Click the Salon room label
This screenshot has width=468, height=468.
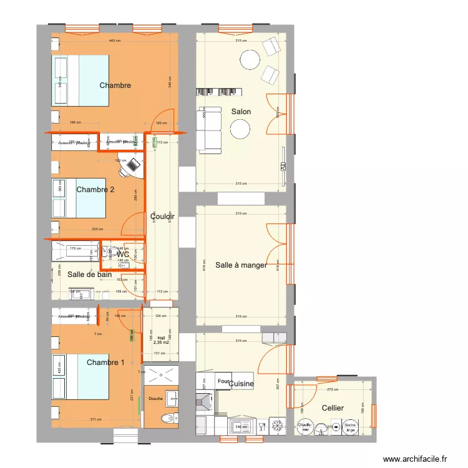(x=241, y=112)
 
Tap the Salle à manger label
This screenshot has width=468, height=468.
(x=241, y=265)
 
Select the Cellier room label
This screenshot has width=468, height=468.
(x=332, y=408)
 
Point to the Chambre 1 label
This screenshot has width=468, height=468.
(x=105, y=363)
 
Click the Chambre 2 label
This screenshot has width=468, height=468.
(x=95, y=190)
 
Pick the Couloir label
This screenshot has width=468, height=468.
(x=162, y=217)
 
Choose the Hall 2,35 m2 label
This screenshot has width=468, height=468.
(x=161, y=340)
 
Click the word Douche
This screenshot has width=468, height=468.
(x=156, y=399)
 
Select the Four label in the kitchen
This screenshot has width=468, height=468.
(x=223, y=381)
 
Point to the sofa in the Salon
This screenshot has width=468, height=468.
(x=209, y=130)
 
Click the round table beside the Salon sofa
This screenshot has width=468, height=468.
(x=240, y=129)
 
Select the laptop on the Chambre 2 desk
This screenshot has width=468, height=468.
(x=131, y=165)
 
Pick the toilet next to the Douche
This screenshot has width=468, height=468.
(x=167, y=418)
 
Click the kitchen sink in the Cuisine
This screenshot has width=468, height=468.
(x=238, y=427)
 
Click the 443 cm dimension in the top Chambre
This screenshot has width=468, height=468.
(x=114, y=41)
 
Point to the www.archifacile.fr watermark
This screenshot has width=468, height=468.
(x=415, y=459)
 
